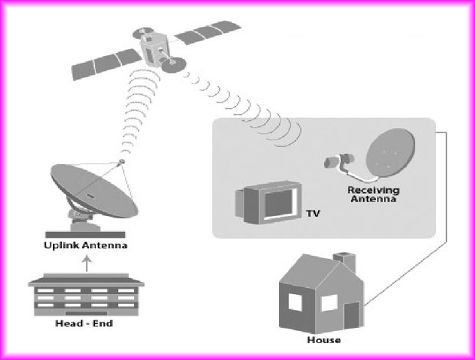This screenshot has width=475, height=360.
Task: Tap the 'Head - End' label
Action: (86, 324)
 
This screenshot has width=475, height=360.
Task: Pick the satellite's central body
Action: (156, 47)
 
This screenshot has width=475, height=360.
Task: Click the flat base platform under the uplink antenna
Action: (86, 233)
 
